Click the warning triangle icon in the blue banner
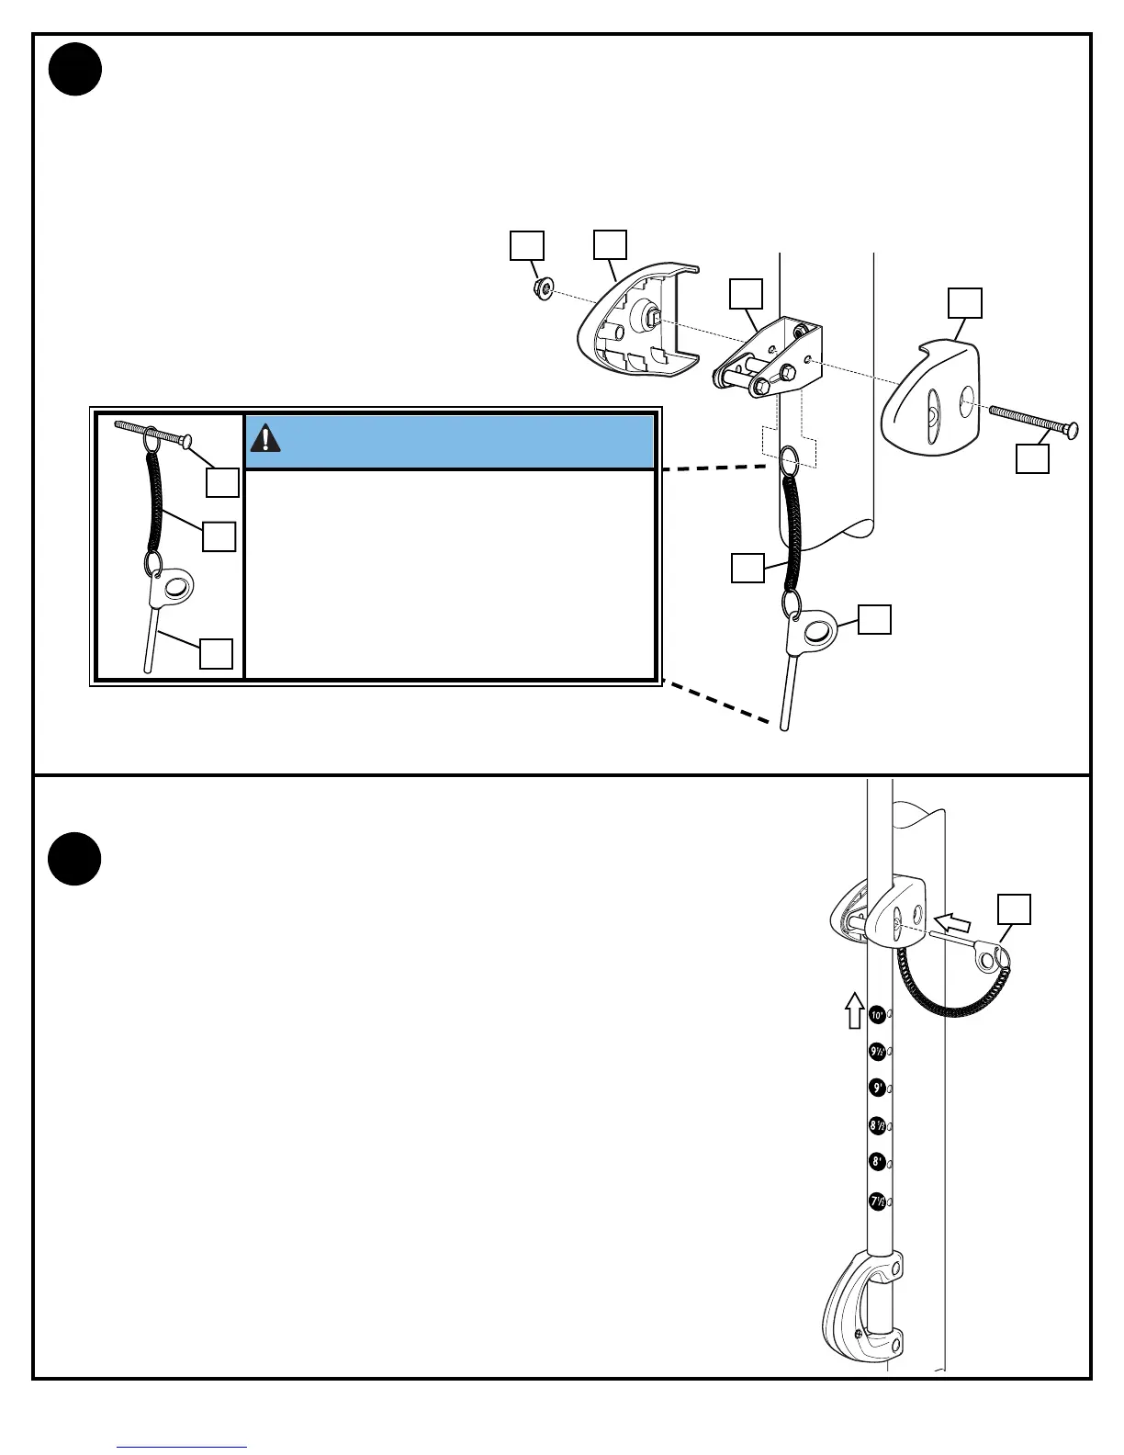click(266, 438)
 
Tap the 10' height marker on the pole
click(877, 1015)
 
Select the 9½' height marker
click(877, 1052)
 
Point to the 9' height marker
click(877, 1088)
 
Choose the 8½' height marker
click(877, 1124)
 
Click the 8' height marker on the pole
click(877, 1162)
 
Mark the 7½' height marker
click(877, 1201)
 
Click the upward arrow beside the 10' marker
click(854, 1009)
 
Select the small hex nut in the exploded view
click(543, 289)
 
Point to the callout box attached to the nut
click(527, 246)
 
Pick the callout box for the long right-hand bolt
click(1032, 458)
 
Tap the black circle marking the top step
click(75, 70)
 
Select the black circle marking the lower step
click(75, 859)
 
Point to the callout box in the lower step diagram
click(1014, 908)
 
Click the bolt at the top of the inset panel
click(152, 434)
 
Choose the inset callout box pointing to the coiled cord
click(219, 536)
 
